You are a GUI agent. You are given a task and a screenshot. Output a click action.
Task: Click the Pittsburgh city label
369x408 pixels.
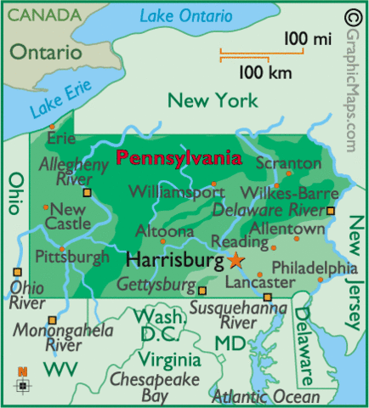(x=72, y=256)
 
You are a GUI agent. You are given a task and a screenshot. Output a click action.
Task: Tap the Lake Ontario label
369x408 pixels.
(x=186, y=15)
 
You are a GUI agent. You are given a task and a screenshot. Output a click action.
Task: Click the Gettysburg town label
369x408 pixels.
(x=156, y=283)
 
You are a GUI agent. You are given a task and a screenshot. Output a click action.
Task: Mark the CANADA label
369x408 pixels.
(x=41, y=14)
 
